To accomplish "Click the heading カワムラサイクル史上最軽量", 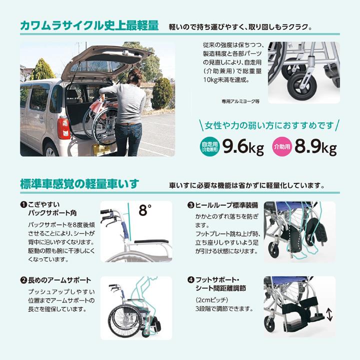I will pyautogui.click(x=89, y=25).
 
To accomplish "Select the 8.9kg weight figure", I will pyautogui.click(x=315, y=146).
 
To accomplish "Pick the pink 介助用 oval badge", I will pyautogui.click(x=281, y=146).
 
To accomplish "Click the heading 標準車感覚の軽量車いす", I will pyautogui.click(x=80, y=184).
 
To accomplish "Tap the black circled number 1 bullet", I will pyautogui.click(x=23, y=205).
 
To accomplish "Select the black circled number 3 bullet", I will pyautogui.click(x=190, y=205).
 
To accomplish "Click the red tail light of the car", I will pyautogui.click(x=63, y=128).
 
